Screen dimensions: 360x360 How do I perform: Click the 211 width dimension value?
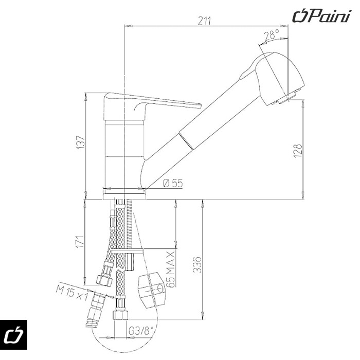tap(204, 21)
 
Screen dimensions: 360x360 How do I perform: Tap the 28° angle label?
tap(272, 35)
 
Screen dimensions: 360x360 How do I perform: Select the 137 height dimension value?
tap(81, 142)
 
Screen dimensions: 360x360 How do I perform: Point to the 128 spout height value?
tap(297, 151)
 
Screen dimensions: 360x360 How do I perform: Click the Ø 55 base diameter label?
tap(173, 183)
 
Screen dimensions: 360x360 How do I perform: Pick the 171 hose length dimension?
tap(80, 242)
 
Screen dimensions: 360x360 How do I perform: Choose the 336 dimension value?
tap(197, 265)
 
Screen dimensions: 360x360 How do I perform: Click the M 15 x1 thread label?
tap(72, 293)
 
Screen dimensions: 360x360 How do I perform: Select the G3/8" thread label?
tap(141, 331)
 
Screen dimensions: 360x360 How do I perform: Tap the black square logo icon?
tap(13, 335)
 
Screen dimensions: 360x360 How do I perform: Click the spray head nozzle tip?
tap(288, 97)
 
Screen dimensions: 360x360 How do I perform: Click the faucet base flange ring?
tap(124, 194)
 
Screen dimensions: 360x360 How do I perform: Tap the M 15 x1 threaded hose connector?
tap(95, 309)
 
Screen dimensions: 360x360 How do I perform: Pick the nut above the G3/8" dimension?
tap(120, 315)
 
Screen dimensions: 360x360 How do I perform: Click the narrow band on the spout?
tap(186, 141)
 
